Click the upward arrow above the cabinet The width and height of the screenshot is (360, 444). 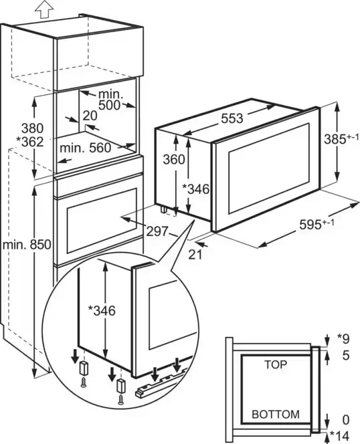point(44,9)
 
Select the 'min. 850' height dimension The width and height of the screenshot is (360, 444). point(27,244)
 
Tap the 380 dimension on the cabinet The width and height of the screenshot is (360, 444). point(33,128)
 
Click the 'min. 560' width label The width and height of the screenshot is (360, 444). point(86,148)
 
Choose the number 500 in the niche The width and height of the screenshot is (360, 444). point(110,105)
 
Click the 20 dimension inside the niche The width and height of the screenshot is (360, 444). point(90,116)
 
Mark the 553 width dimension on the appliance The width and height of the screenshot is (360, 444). point(232,118)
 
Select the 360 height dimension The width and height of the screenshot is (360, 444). point(174,160)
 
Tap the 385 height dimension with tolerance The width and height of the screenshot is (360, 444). point(341,139)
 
